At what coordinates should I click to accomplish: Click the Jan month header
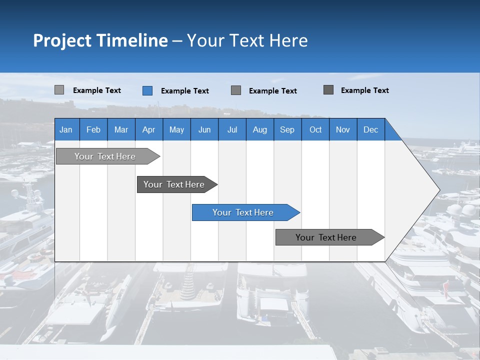click(66, 129)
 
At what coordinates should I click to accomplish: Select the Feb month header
click(93, 129)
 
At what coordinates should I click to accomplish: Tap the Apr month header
click(148, 129)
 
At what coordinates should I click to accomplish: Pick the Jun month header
click(204, 129)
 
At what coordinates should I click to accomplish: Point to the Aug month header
click(259, 129)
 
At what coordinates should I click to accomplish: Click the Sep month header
click(287, 129)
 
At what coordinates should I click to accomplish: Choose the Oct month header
click(315, 129)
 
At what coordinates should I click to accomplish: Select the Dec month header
click(370, 129)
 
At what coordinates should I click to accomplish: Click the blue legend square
click(147, 90)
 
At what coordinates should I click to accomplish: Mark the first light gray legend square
click(59, 90)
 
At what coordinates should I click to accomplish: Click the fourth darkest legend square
click(328, 90)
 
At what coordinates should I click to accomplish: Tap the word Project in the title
click(62, 40)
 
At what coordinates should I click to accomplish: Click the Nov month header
click(343, 129)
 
